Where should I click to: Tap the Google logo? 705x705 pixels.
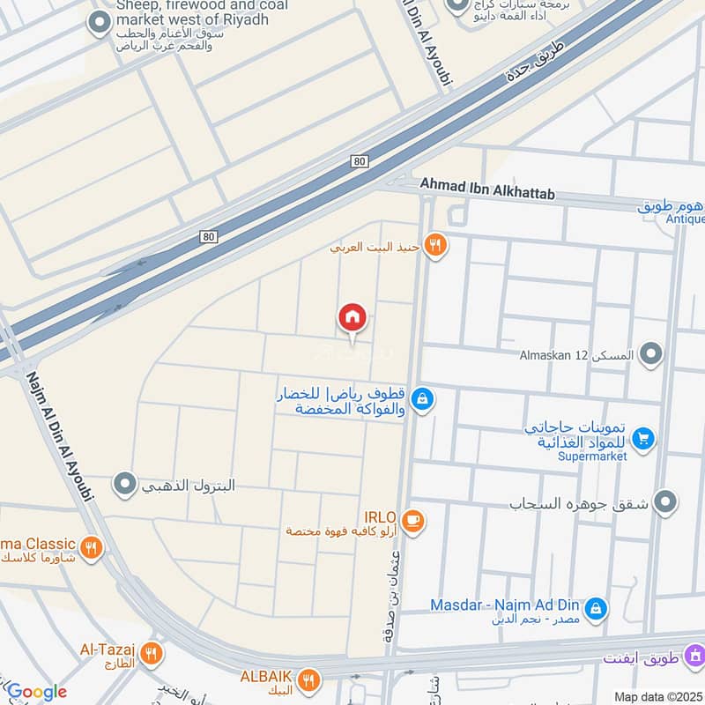point(36,692)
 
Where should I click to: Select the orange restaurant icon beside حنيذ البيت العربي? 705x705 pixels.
point(434,245)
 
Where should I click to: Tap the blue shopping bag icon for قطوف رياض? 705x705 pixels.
point(423,400)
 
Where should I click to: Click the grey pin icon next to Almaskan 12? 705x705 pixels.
point(651,354)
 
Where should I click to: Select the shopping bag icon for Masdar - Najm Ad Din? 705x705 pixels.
point(597,608)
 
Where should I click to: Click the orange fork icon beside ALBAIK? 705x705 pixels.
point(308,679)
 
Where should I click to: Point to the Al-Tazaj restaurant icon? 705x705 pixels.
point(152,654)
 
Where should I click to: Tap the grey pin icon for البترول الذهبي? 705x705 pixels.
point(126,484)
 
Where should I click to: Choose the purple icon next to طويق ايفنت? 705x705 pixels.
point(695,656)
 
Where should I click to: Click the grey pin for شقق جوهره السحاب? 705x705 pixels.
point(666,502)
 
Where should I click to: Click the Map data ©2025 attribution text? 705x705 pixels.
point(658,696)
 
